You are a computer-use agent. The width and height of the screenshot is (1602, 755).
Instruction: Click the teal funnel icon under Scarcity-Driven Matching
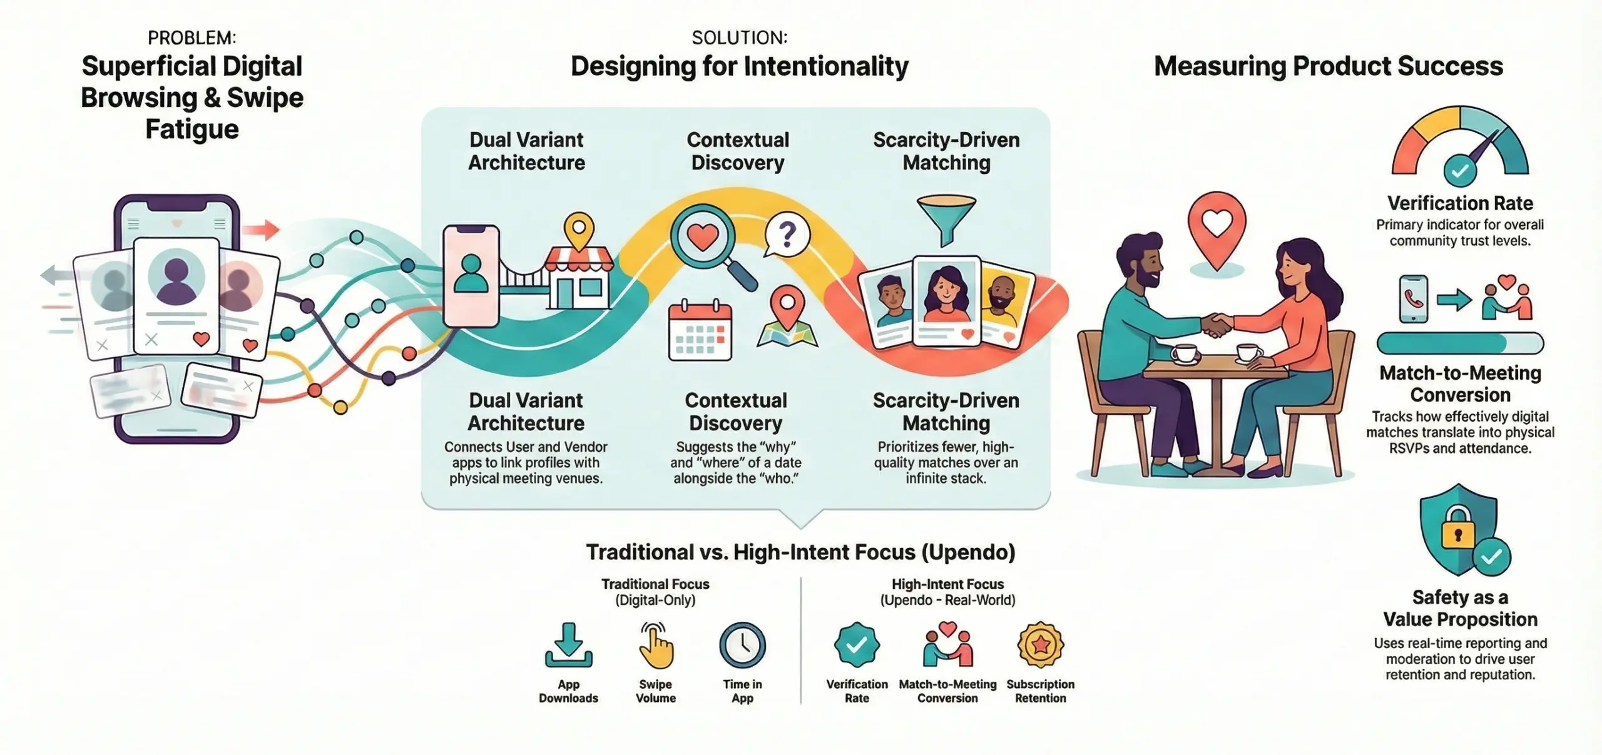click(946, 219)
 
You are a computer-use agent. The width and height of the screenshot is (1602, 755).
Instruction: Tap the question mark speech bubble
click(787, 235)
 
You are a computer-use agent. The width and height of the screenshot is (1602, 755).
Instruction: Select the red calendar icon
click(700, 332)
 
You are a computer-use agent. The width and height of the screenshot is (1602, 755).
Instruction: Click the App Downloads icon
click(568, 646)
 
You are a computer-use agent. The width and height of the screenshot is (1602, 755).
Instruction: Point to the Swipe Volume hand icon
click(655, 646)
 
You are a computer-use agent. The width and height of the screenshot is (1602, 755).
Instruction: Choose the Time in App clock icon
click(742, 645)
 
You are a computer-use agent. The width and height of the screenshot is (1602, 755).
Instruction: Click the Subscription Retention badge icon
click(1040, 645)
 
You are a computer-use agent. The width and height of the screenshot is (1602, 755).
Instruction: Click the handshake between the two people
click(1216, 325)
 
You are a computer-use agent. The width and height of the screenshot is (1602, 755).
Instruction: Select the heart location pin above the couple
click(1217, 229)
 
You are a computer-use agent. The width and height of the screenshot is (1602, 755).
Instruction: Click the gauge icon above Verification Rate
click(1460, 144)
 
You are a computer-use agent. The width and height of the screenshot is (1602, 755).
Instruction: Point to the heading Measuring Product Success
click(1328, 66)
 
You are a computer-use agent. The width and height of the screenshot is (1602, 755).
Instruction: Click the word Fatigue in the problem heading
click(192, 129)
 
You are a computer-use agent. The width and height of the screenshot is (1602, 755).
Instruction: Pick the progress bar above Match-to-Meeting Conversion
click(1460, 343)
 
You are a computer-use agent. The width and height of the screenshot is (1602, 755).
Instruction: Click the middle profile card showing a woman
click(946, 300)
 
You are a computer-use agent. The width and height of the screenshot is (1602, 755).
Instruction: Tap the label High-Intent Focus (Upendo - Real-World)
click(947, 592)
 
